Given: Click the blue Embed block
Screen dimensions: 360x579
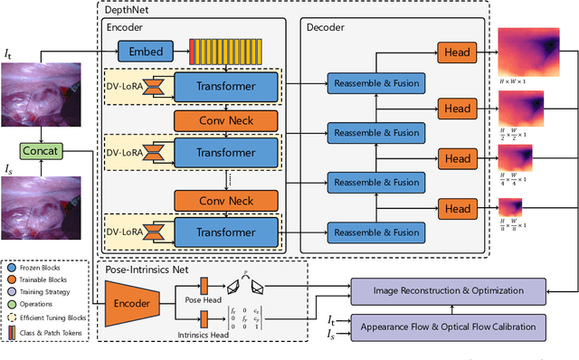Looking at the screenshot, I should tap(147, 52).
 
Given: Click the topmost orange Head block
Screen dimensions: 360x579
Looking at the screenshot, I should tap(458, 52).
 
